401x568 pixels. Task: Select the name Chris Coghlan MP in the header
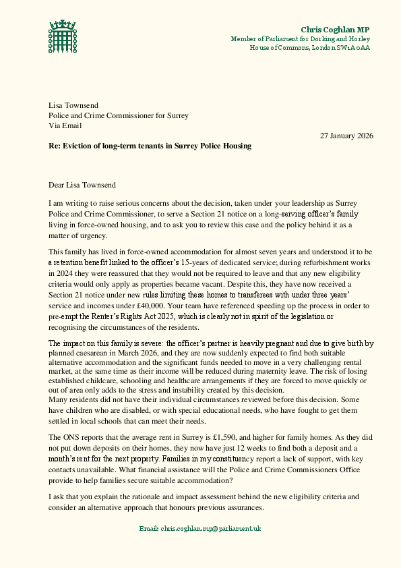point(335,30)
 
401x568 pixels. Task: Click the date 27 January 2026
point(346,135)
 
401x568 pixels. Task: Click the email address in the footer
point(200,528)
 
